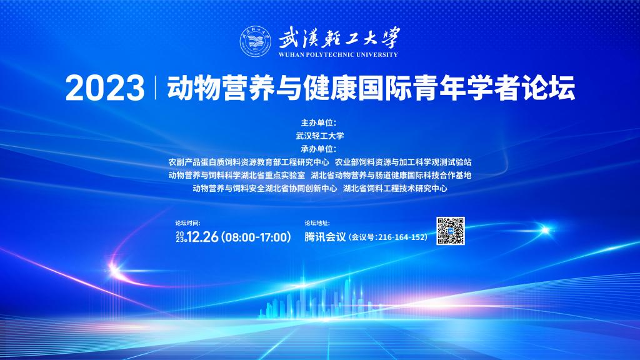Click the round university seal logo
(256, 41)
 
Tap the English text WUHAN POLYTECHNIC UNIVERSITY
(338, 55)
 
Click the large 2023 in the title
(105, 87)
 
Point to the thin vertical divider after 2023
(156, 87)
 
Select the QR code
(451, 231)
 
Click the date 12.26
(202, 237)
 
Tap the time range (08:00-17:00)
(256, 237)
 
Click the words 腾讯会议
(325, 237)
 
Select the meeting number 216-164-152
(402, 237)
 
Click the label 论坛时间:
(187, 223)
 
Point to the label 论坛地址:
(317, 223)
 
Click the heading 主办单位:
(319, 123)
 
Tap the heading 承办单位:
(319, 149)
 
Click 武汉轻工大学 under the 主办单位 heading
(320, 136)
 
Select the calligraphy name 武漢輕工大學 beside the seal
(339, 38)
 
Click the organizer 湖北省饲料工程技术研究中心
(395, 189)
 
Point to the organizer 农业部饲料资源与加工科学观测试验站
(403, 162)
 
